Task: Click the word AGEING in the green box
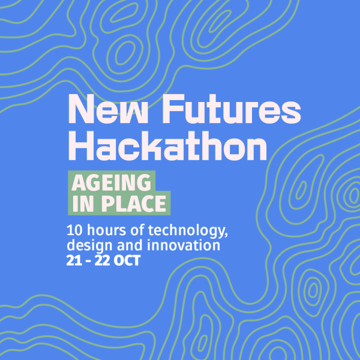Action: pos(112,182)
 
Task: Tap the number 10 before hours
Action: pos(74,231)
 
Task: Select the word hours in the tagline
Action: pos(102,231)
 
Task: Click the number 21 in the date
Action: pos(74,261)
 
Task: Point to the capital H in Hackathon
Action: pos(80,146)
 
